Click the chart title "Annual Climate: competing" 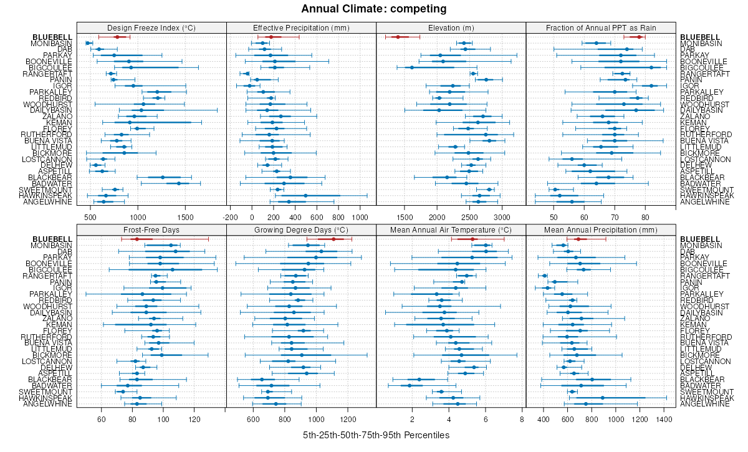374,9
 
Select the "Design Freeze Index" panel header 151,27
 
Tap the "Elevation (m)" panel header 451,27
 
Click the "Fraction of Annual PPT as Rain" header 601,27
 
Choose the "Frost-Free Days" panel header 151,230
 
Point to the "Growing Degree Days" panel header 301,230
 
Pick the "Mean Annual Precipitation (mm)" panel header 601,230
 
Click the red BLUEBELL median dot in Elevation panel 398,37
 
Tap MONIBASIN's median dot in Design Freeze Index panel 88,43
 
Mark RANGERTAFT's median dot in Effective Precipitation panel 247,74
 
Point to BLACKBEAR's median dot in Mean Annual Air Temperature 419,379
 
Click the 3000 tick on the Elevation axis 502,218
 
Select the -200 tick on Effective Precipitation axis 231,218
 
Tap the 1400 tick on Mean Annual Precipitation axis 665,420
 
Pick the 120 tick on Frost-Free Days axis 194,420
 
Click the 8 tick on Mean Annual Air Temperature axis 521,420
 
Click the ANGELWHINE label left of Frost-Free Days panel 49,404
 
